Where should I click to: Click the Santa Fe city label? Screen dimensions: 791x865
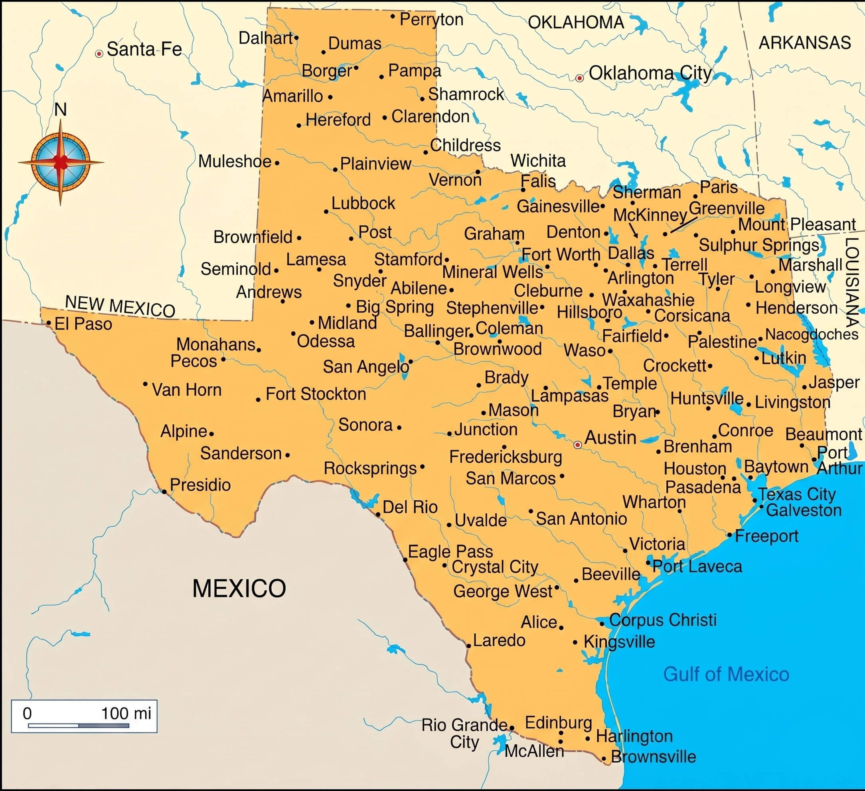(144, 49)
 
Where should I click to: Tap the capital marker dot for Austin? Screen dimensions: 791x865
(577, 445)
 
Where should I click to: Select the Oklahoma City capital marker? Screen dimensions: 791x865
(579, 78)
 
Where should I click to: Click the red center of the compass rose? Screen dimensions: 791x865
(61, 162)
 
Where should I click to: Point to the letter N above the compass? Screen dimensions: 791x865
(61, 110)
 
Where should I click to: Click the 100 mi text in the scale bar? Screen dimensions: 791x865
(126, 713)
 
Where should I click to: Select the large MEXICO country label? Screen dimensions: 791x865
(239, 588)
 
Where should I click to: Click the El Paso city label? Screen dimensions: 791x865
(83, 324)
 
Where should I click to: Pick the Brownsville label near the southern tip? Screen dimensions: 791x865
(653, 757)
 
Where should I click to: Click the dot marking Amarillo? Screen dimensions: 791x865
(330, 97)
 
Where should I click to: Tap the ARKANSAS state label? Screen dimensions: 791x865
(804, 43)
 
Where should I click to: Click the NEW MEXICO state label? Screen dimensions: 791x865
(120, 306)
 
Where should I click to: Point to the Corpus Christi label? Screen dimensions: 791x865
(662, 620)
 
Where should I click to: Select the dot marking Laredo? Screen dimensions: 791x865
(469, 645)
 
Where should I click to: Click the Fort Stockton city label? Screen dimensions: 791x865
(316, 394)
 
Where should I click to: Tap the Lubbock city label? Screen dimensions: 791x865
(363, 203)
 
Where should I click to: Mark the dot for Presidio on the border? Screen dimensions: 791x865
(164, 491)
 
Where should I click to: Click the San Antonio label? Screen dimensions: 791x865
(581, 519)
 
